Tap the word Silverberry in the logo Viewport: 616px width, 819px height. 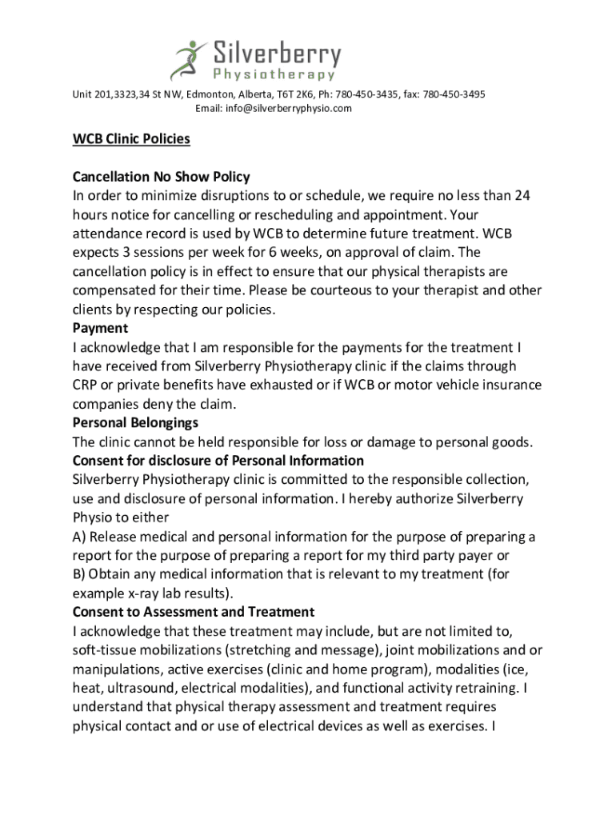[x=276, y=54]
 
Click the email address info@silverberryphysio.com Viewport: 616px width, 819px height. [x=274, y=109]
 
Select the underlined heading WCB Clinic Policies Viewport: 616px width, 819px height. [x=131, y=139]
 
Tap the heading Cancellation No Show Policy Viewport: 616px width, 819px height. [x=161, y=177]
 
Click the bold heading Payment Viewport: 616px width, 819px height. [x=100, y=329]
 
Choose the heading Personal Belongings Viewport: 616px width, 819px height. [x=135, y=422]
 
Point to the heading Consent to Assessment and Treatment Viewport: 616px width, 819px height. [x=193, y=612]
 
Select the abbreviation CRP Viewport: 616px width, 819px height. [x=86, y=385]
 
